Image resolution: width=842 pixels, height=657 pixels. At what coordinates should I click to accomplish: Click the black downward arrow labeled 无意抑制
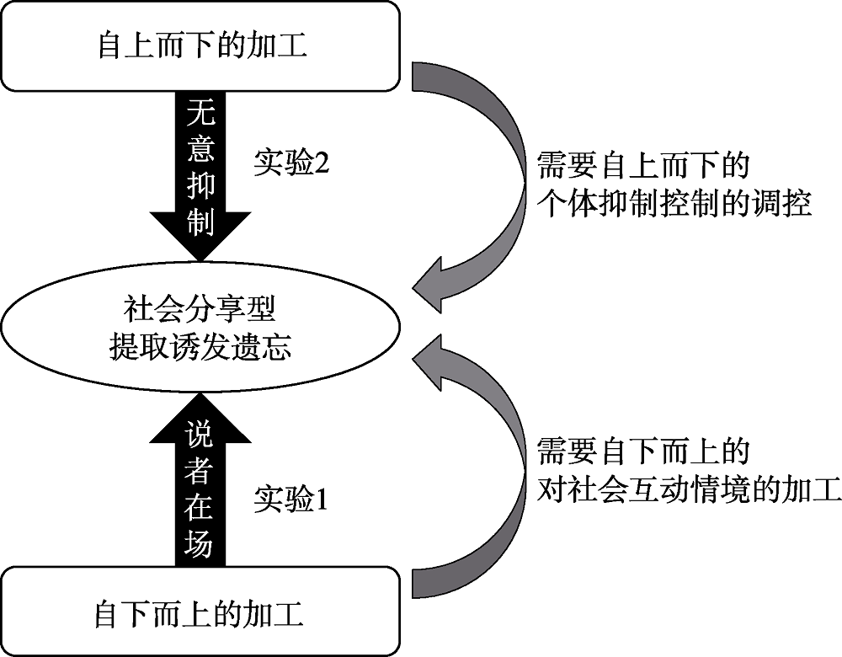[200, 177]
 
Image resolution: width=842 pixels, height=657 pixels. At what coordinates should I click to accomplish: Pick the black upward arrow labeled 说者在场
[200, 489]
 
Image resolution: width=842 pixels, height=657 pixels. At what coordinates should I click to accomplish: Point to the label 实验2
[290, 163]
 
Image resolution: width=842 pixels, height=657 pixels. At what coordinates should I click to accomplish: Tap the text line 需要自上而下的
[643, 166]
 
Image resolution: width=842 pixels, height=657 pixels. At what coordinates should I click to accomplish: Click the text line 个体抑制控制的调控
[674, 204]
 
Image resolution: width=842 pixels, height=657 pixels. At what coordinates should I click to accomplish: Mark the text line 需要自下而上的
[643, 452]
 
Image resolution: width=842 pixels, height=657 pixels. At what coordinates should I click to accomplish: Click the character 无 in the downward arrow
[200, 115]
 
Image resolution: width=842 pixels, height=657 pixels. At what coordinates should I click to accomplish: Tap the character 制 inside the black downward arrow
[200, 223]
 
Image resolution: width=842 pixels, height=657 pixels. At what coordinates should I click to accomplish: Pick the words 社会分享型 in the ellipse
[200, 310]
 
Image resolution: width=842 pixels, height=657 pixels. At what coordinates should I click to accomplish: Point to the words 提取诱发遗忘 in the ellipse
[200, 346]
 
